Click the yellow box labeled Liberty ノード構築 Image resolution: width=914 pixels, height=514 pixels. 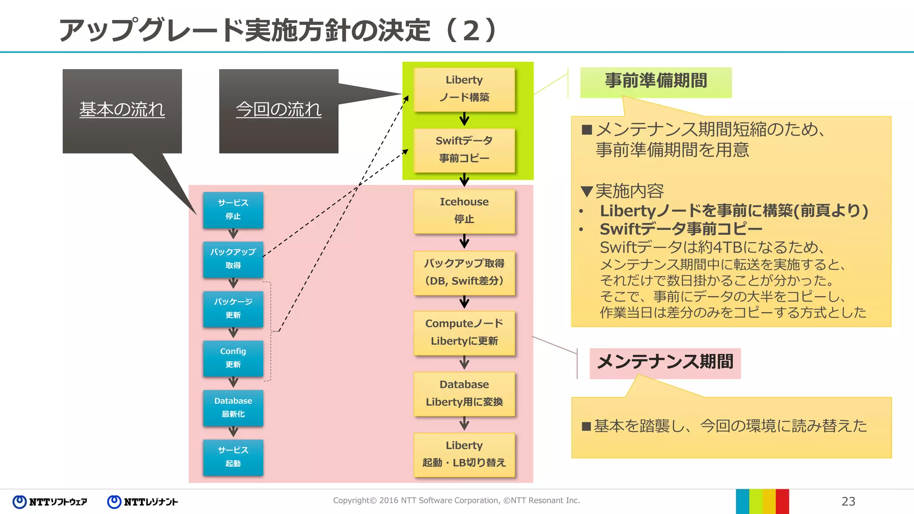pos(464,89)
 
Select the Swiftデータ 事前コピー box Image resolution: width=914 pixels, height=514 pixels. pos(464,150)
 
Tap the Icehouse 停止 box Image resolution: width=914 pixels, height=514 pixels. pos(464,211)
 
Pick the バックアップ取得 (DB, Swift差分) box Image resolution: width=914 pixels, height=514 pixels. pos(464,272)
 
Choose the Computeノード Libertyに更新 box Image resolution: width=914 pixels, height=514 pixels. pos(464,332)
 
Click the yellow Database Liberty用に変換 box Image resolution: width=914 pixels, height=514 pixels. pos(464,394)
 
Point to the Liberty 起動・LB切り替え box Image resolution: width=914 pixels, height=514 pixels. pos(464,454)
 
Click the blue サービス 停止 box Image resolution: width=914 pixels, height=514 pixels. pos(233,210)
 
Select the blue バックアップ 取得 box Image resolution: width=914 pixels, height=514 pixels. pos(233,259)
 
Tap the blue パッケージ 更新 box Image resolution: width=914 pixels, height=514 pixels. pos(233,309)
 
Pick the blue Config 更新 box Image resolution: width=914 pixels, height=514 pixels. pos(233,358)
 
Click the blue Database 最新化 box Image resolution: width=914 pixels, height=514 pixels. pos(233,408)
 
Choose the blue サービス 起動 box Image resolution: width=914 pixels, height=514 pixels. pos(233,457)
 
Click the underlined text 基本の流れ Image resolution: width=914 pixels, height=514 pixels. pos(122,110)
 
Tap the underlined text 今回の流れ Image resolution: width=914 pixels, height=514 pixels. pos(278,110)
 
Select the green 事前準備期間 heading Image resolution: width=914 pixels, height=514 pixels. pos(656,82)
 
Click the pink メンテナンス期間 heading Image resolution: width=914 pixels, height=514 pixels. pos(665,362)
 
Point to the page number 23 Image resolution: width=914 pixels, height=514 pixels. pos(848,502)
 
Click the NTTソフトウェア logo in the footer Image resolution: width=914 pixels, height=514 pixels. pos(50,502)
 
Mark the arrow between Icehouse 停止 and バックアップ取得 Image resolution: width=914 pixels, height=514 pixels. pos(464,241)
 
